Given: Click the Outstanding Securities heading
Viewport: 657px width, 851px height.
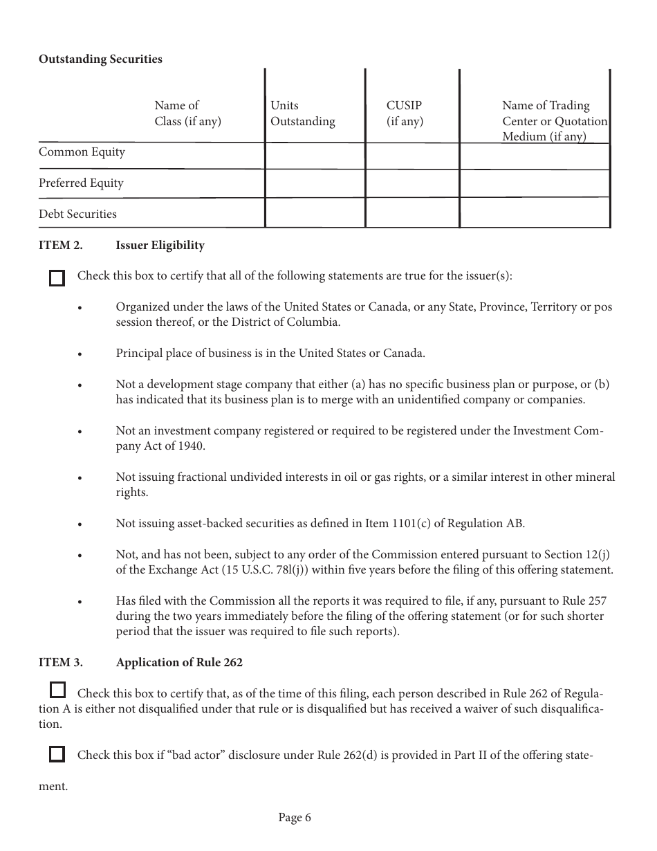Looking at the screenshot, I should tap(100, 60).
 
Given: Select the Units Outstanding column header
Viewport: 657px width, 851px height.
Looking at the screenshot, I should tap(302, 113).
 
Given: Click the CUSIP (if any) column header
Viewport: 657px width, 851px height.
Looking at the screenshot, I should tap(405, 113).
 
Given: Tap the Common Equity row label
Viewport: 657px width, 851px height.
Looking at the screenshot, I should tap(82, 152).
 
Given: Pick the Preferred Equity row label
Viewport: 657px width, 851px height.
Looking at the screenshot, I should tap(81, 183).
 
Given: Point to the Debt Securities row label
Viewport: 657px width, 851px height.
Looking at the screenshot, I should tap(77, 214).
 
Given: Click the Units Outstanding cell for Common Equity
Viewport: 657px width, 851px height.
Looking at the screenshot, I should tap(315, 156).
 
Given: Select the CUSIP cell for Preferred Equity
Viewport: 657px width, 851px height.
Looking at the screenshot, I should tap(412, 183).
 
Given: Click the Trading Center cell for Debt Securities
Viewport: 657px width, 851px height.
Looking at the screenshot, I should tap(535, 213).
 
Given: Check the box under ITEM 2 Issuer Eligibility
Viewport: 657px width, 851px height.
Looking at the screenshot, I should tap(57, 278).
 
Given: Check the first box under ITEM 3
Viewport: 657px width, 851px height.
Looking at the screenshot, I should tap(58, 690).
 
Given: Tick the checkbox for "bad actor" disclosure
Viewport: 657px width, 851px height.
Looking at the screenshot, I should tap(57, 754).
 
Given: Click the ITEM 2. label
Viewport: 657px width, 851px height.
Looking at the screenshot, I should tap(60, 246).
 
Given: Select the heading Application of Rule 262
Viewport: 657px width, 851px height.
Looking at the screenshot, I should tap(179, 663).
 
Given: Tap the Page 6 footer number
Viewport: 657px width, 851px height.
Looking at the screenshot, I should tap(295, 818).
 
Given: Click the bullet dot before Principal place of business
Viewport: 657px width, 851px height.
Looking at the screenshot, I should tap(80, 354).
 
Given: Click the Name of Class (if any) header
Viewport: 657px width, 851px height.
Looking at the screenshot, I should tap(187, 113).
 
